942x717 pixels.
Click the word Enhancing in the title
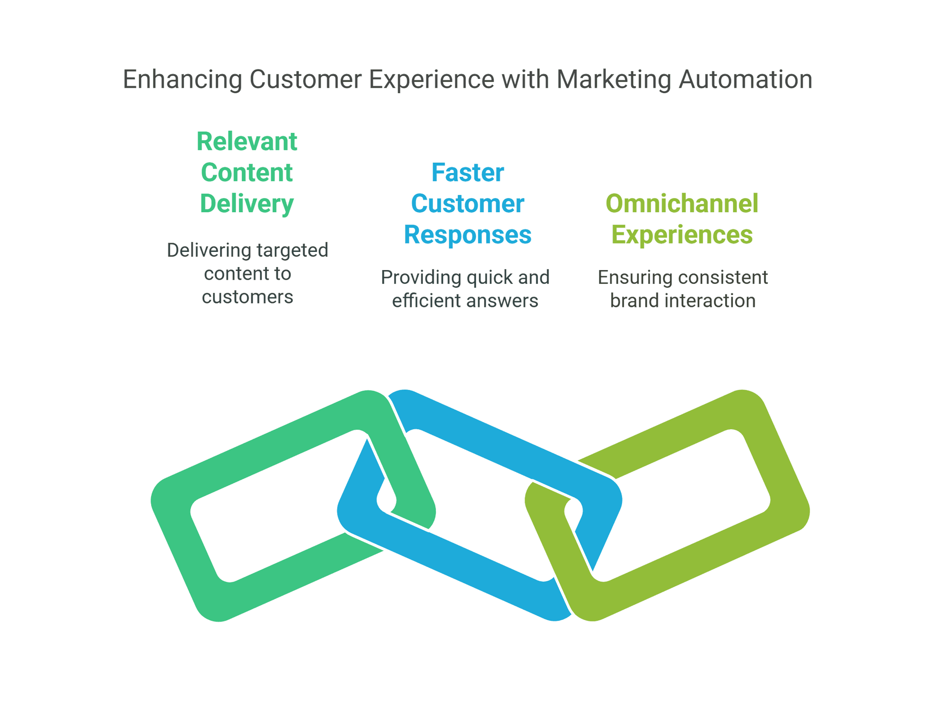[182, 79]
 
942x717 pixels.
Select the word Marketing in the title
[613, 79]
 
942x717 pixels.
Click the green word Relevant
[247, 142]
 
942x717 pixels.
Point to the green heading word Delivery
[247, 204]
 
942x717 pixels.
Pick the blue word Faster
[468, 173]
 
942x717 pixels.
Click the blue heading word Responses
[468, 234]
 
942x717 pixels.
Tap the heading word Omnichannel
[682, 203]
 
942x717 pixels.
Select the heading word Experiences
[682, 234]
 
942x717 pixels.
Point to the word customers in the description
[247, 297]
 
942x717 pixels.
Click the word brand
[634, 301]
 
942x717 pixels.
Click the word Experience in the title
[431, 79]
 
